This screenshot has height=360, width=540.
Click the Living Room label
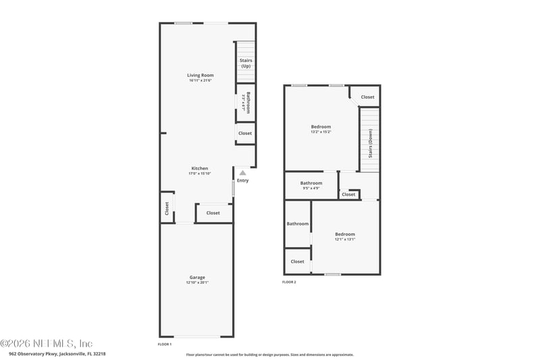coord(200,75)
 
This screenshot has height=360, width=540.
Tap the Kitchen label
coord(200,168)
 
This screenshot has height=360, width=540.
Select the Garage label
coord(197,278)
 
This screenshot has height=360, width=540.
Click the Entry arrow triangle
coord(242,174)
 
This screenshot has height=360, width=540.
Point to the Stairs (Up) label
coord(246,63)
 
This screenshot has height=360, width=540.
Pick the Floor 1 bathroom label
coord(248,102)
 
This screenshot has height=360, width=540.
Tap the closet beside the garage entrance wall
coord(213,213)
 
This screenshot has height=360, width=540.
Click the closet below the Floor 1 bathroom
coord(245,133)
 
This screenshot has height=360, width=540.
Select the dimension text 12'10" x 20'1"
coord(197,282)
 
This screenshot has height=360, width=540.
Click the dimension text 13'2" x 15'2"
coord(321,132)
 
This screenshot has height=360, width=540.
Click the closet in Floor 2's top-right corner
coord(367,97)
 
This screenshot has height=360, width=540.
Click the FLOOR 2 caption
coord(289,282)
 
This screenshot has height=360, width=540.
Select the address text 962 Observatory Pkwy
coord(57,353)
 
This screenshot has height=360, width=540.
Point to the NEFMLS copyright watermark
coord(47,343)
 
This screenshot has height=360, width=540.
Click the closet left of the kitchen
coord(167,209)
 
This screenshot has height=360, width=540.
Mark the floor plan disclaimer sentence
coord(270,354)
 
